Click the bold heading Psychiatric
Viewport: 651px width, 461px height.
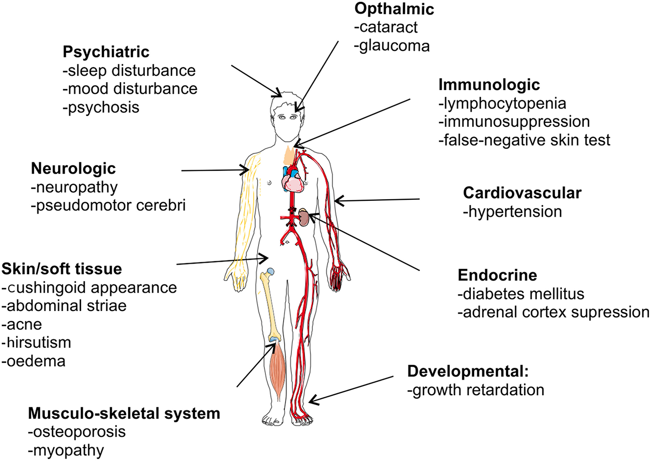(x=106, y=52)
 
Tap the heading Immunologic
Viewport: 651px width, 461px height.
(x=489, y=85)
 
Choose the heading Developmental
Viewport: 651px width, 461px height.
(x=467, y=372)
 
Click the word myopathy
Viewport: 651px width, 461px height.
(x=68, y=450)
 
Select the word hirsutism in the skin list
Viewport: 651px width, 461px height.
(x=38, y=342)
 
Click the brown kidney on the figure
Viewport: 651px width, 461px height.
(x=304, y=217)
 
